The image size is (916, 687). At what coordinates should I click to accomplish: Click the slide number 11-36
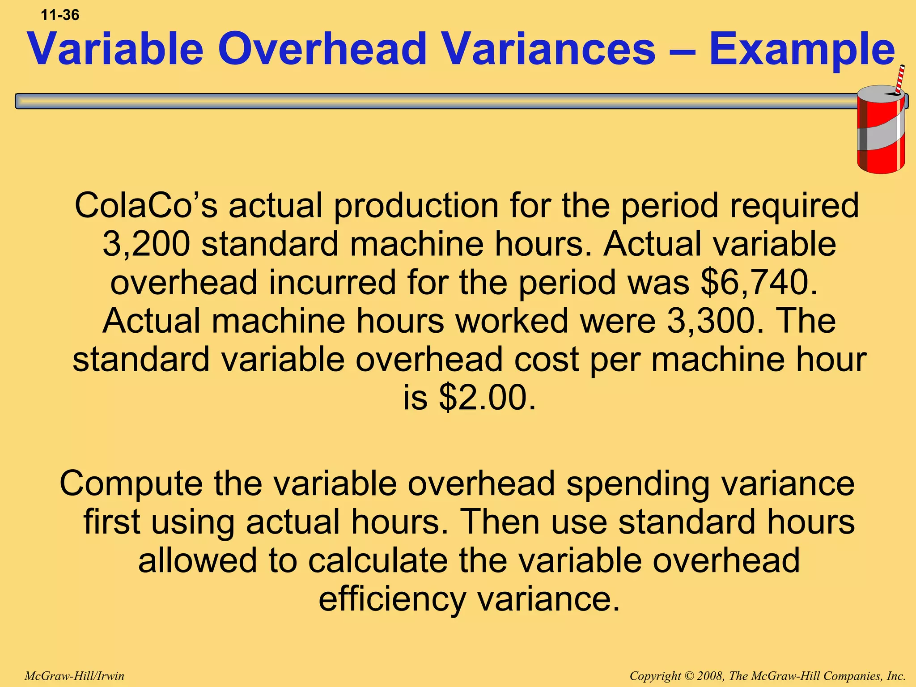pyautogui.click(x=60, y=15)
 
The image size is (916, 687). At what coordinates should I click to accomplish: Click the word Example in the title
pyautogui.click(x=801, y=49)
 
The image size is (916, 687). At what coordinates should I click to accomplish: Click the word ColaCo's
pyautogui.click(x=146, y=205)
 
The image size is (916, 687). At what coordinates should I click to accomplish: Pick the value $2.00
pyautogui.click(x=487, y=398)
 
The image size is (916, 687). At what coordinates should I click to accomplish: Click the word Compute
pyautogui.click(x=131, y=484)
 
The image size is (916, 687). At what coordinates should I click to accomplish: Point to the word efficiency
pyautogui.click(x=392, y=599)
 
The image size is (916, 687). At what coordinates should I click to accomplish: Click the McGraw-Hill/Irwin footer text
pyautogui.click(x=74, y=676)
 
